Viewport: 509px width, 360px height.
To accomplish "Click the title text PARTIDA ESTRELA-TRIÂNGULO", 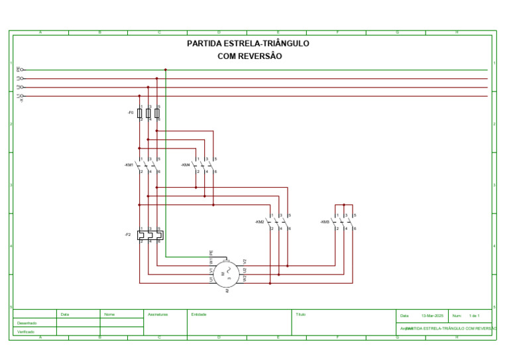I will pos(249,44).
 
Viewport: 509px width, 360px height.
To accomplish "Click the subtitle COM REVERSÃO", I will pos(249,56).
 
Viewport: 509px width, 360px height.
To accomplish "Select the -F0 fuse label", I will pos(131,113).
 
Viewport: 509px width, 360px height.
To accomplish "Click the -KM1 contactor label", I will pos(129,164).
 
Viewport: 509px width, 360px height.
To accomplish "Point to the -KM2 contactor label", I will pos(260,221).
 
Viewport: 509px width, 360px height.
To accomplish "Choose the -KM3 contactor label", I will pos(325,221).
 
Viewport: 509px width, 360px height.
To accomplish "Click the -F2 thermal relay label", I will pos(127,235).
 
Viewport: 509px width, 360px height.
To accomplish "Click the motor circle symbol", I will pos(226,272).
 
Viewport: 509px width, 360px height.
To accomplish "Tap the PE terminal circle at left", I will pos(22,70).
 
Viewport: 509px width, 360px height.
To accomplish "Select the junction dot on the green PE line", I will pos(166,70).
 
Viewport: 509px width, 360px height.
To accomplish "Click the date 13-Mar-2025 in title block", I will pos(432,316).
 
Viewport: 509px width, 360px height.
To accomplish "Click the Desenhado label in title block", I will pos(27,323).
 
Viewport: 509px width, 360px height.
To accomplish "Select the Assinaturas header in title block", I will pos(158,314).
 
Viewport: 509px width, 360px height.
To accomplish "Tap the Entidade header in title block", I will pos(199,314).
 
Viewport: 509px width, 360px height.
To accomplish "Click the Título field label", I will pos(301,314).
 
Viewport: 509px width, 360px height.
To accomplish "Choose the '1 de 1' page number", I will pos(475,316).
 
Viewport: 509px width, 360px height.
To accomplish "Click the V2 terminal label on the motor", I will pos(245,261).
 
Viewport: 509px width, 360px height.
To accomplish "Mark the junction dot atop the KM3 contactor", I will pos(344,205).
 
